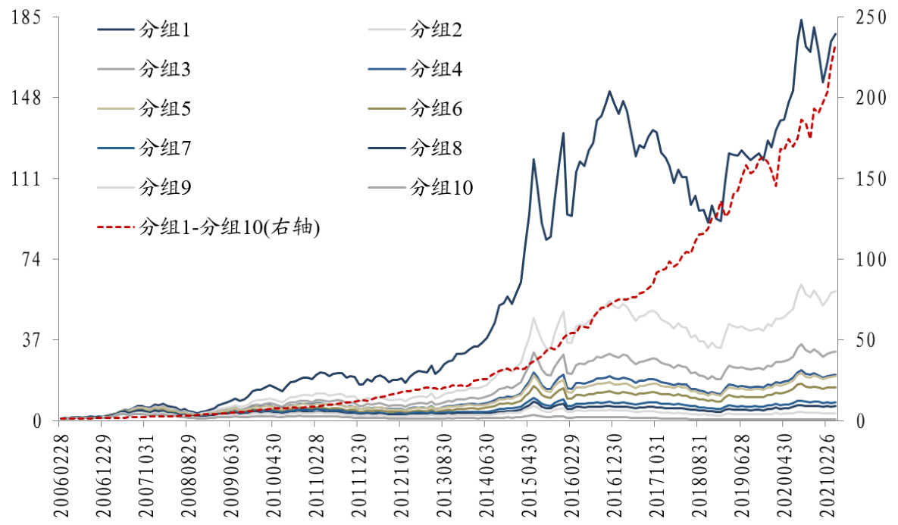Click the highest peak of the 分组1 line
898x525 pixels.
point(801,20)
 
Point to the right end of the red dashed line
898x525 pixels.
point(835,46)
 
